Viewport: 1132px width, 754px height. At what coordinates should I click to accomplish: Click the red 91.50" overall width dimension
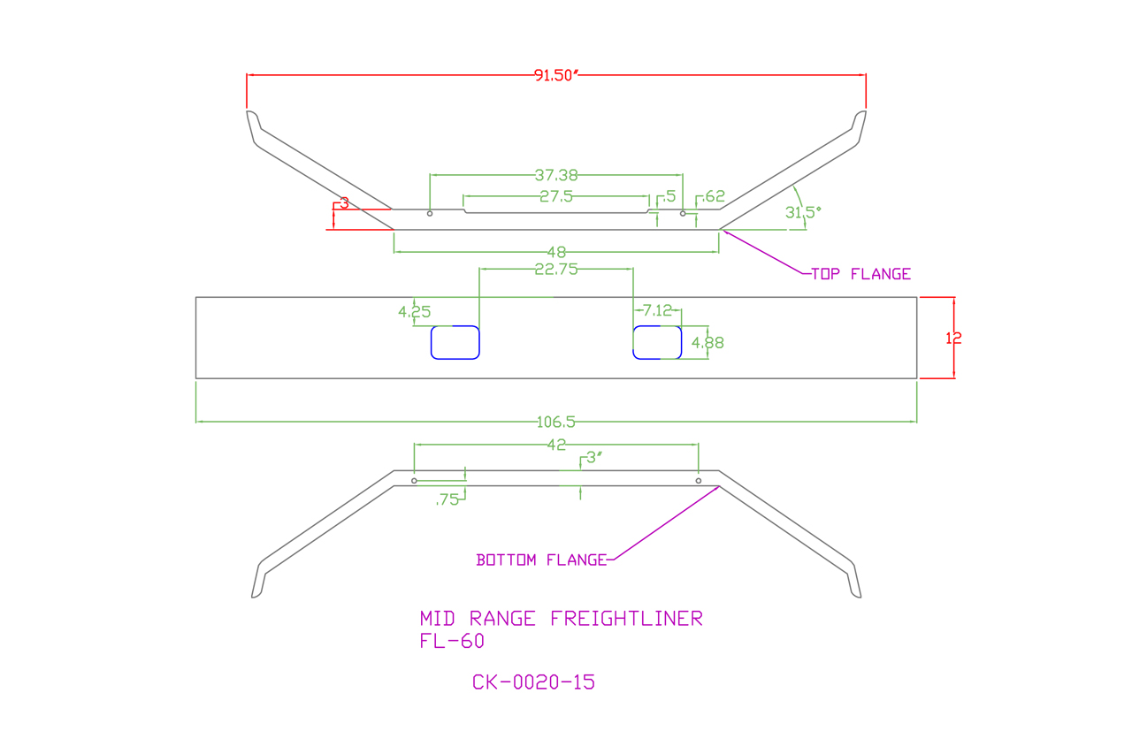coord(555,75)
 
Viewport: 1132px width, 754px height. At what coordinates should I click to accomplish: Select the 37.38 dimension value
coord(556,175)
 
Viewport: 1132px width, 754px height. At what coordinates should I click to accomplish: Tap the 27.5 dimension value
coord(556,196)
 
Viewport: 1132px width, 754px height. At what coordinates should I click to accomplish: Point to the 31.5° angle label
coord(803,212)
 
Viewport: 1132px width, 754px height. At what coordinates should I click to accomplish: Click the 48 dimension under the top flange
coord(556,252)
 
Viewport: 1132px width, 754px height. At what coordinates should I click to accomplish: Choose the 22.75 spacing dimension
coord(556,270)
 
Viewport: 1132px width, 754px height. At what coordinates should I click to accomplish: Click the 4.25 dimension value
coord(415,312)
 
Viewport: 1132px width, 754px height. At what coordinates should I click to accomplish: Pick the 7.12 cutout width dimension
coord(657,310)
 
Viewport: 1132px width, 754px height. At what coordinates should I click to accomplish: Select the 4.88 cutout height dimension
coord(707,343)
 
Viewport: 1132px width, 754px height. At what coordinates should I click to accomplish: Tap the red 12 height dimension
coord(953,338)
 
